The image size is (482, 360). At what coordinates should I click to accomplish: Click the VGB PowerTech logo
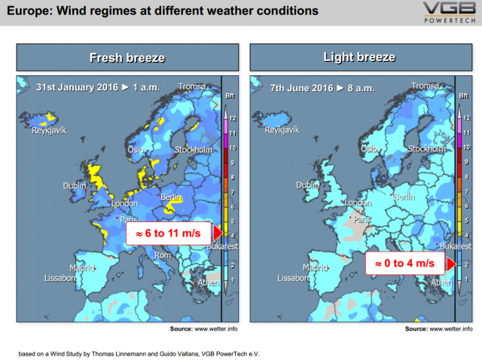(x=450, y=12)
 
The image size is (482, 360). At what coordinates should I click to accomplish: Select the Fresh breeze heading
(x=127, y=57)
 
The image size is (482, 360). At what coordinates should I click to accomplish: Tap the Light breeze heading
(x=359, y=57)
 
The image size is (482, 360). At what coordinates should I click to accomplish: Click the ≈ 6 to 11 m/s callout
(x=169, y=233)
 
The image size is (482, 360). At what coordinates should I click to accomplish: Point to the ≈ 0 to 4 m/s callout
(x=405, y=263)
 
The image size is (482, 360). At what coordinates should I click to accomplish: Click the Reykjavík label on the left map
(x=49, y=130)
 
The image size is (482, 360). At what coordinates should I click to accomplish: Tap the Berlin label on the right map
(x=404, y=197)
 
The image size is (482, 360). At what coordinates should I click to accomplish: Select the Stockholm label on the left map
(x=194, y=150)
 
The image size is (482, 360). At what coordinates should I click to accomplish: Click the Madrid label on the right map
(x=315, y=268)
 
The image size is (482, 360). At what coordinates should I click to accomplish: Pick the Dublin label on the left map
(x=75, y=186)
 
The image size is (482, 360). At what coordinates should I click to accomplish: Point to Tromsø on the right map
(x=425, y=86)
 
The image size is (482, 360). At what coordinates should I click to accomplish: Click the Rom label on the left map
(x=163, y=255)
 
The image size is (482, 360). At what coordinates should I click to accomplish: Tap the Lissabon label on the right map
(x=293, y=278)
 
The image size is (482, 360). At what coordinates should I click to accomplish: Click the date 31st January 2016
(x=77, y=87)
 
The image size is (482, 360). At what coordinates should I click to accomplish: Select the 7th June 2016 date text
(x=301, y=88)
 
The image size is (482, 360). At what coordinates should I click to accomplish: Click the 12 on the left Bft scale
(x=233, y=118)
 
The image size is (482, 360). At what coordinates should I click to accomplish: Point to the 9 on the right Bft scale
(x=466, y=162)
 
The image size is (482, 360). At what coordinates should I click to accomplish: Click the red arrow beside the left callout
(x=218, y=233)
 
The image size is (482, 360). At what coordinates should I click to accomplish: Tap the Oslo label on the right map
(x=369, y=149)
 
